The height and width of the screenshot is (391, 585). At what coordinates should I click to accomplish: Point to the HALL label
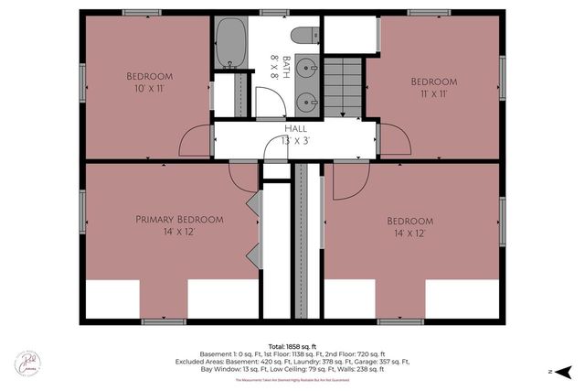pyautogui.click(x=295, y=129)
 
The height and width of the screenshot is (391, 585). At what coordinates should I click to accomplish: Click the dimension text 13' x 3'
pyautogui.click(x=295, y=142)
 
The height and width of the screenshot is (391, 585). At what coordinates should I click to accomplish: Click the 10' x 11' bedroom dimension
pyautogui.click(x=147, y=90)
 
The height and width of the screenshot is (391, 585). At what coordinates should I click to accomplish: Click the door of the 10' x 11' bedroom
pyautogui.click(x=196, y=142)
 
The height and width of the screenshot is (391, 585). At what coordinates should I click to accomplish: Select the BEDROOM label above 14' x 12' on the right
pyautogui.click(x=409, y=221)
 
